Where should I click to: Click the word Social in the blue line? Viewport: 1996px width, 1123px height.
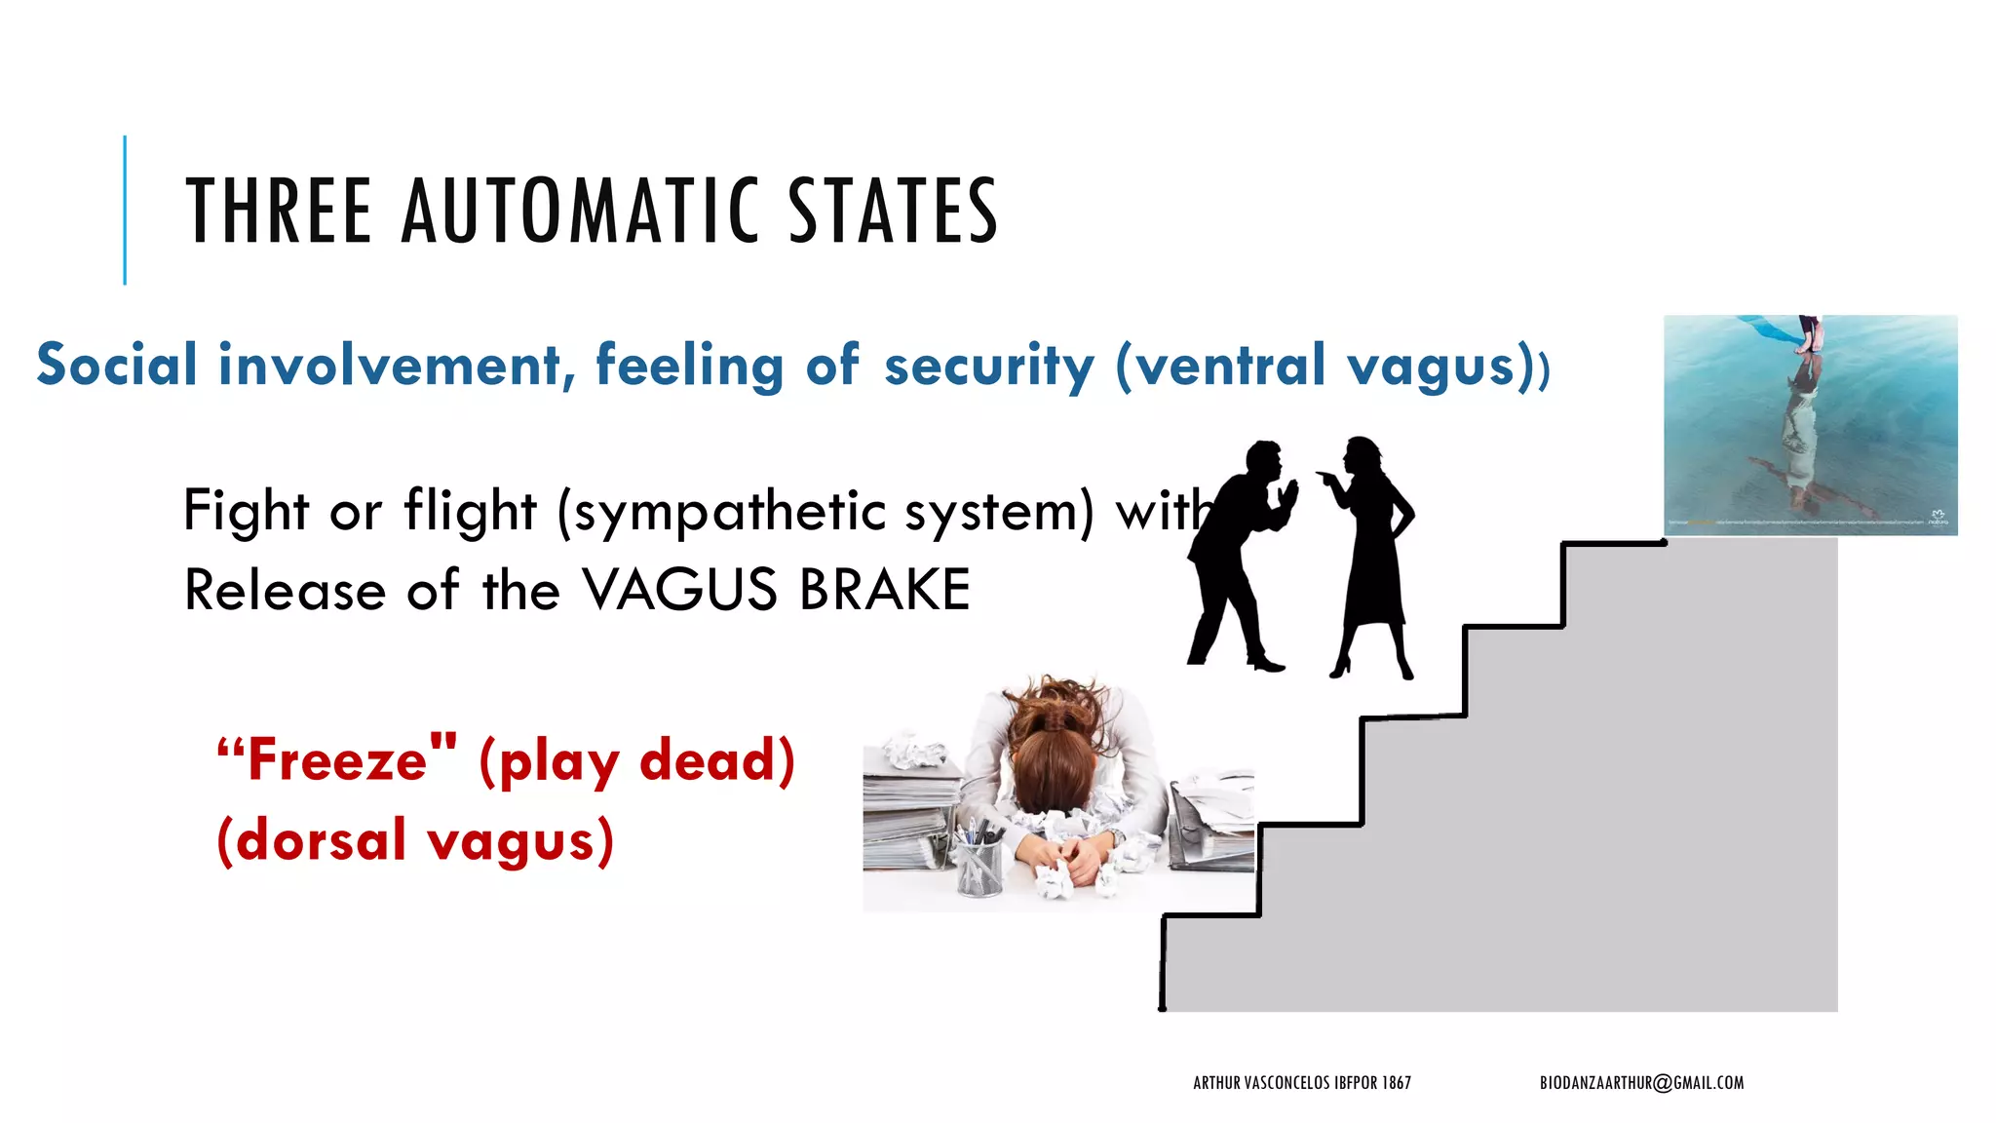[x=117, y=365]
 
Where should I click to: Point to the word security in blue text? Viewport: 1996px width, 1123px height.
[x=988, y=367]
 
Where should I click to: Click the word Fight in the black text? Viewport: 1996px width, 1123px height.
[x=246, y=510]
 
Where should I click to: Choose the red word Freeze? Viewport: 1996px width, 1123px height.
[x=337, y=760]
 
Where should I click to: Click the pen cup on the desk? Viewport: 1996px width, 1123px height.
[x=979, y=862]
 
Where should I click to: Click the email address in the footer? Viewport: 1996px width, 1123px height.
[x=1641, y=1082]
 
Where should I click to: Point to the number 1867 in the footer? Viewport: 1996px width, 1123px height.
[x=1396, y=1082]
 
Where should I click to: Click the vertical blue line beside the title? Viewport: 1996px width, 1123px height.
[x=125, y=210]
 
